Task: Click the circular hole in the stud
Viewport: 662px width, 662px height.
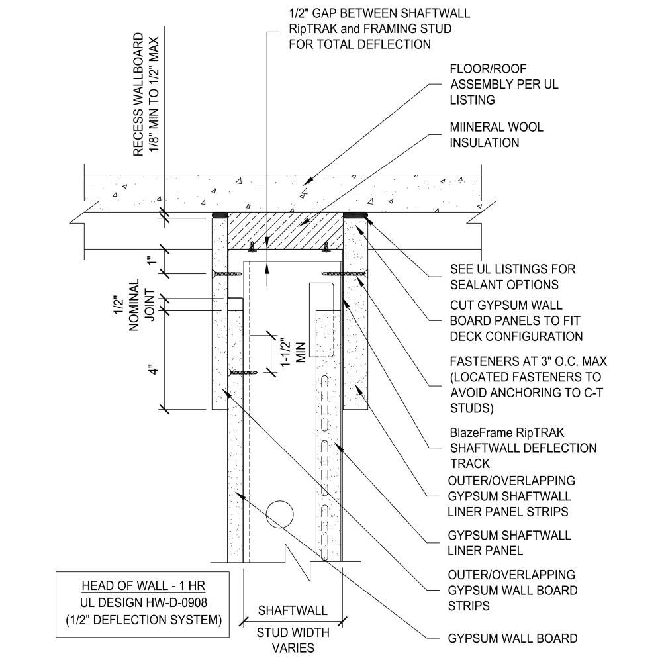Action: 280,514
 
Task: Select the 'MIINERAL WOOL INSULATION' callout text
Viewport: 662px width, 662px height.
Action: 496,134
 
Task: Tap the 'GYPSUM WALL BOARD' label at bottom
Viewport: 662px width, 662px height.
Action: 512,638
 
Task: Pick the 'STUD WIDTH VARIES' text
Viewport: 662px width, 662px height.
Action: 292,640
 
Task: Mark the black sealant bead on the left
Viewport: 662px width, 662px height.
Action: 219,215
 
